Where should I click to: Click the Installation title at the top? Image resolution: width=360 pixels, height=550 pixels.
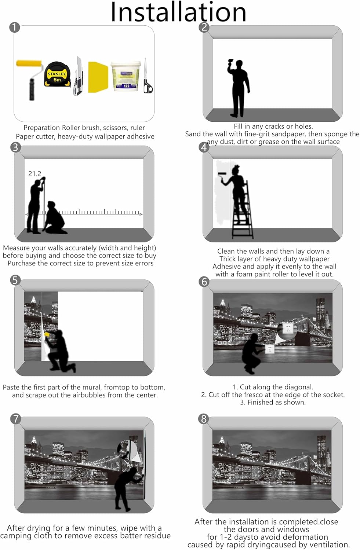click(x=178, y=12)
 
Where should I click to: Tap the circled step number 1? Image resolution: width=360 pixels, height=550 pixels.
click(x=15, y=27)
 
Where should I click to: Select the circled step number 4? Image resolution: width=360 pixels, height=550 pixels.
click(x=204, y=147)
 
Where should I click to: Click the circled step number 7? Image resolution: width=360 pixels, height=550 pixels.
click(x=15, y=419)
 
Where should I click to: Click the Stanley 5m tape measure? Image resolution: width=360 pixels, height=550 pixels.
click(x=58, y=75)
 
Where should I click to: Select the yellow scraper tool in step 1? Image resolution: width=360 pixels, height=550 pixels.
click(x=98, y=77)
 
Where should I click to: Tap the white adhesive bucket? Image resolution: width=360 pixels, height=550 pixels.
click(x=126, y=76)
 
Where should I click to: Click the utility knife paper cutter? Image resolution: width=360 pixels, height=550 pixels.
click(x=79, y=76)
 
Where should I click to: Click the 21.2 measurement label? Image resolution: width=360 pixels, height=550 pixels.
click(x=34, y=174)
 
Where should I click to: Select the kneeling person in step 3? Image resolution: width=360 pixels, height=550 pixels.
click(x=55, y=217)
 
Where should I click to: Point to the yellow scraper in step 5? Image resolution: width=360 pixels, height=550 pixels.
click(x=47, y=335)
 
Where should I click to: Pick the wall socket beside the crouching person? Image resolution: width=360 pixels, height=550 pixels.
click(x=270, y=348)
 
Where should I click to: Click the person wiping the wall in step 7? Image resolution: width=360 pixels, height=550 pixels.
click(x=129, y=489)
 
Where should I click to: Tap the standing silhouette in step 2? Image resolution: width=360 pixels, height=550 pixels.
click(x=238, y=88)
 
